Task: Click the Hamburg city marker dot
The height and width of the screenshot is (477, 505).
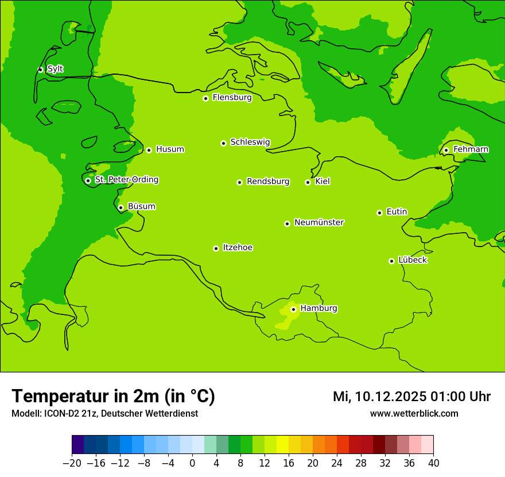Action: [293, 309]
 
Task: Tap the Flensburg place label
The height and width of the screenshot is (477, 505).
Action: [232, 98]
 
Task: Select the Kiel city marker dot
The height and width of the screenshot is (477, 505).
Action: [308, 182]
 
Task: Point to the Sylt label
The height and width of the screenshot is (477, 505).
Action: [55, 69]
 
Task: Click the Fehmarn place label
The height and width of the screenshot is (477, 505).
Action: [471, 149]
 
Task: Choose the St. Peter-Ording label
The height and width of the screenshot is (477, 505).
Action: [126, 180]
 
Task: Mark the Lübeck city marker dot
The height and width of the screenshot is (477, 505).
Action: [391, 261]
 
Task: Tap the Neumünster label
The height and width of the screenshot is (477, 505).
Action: [319, 222]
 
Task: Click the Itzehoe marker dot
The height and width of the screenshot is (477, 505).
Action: [216, 248]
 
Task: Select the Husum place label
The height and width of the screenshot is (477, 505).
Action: [170, 149]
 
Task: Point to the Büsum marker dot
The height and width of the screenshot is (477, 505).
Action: [121, 207]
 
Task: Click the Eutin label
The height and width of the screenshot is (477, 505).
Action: [397, 212]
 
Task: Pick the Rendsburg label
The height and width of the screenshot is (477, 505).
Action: [268, 182]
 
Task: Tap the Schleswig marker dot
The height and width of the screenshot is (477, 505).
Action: [223, 143]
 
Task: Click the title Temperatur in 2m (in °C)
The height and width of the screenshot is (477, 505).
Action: [113, 396]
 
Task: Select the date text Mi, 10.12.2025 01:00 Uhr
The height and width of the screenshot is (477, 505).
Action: [411, 397]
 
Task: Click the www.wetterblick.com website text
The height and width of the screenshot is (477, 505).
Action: [414, 413]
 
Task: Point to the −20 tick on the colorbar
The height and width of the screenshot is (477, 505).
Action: [72, 463]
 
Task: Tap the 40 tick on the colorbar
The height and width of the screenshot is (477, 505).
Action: [433, 463]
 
